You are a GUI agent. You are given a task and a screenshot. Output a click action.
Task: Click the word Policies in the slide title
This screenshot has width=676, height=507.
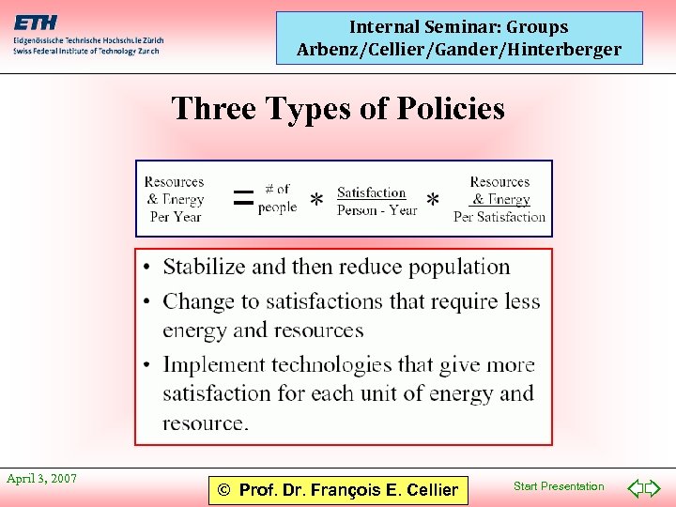[x=450, y=109]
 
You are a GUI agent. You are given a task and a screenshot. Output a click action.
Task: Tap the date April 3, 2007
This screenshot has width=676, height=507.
[x=41, y=479]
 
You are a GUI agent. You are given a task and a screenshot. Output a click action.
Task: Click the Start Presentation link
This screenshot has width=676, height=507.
[x=559, y=486]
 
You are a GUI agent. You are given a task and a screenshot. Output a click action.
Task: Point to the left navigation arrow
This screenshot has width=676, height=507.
[x=635, y=487]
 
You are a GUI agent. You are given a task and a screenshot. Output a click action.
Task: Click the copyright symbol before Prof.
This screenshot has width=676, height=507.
[x=223, y=489]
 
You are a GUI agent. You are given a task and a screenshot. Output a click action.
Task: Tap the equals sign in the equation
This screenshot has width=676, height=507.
[x=242, y=197]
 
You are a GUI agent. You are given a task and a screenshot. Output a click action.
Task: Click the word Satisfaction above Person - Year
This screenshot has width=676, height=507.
[x=372, y=192]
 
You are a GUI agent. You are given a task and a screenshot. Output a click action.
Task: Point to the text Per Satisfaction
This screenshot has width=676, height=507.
[x=499, y=217]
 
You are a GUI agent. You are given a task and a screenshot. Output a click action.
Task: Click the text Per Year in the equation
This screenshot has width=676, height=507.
[x=176, y=217]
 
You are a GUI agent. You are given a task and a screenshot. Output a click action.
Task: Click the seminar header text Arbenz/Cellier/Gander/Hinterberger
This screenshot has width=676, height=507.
[x=459, y=49]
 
